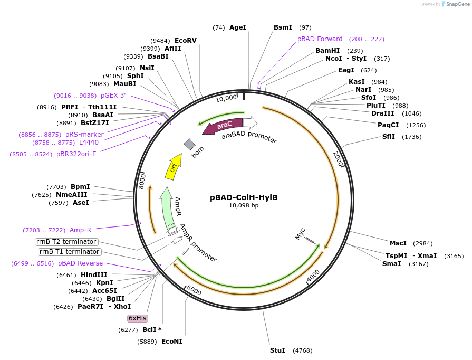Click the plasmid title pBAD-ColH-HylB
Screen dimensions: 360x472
[244, 197]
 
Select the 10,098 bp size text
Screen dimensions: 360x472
[244, 206]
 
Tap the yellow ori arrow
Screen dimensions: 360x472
[174, 165]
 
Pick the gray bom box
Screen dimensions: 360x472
[189, 144]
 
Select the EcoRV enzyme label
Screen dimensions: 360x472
[186, 41]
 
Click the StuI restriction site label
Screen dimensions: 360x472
[277, 350]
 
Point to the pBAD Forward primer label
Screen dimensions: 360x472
[320, 39]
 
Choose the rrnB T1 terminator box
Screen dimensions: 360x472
[70, 252]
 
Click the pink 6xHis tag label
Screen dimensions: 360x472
[138, 318]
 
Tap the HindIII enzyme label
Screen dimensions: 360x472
[94, 275]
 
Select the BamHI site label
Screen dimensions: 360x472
[327, 51]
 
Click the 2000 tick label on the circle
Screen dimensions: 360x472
[339, 158]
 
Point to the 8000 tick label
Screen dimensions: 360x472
[141, 181]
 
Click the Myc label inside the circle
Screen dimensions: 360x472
[301, 234]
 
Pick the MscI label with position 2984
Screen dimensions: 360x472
[398, 243]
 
